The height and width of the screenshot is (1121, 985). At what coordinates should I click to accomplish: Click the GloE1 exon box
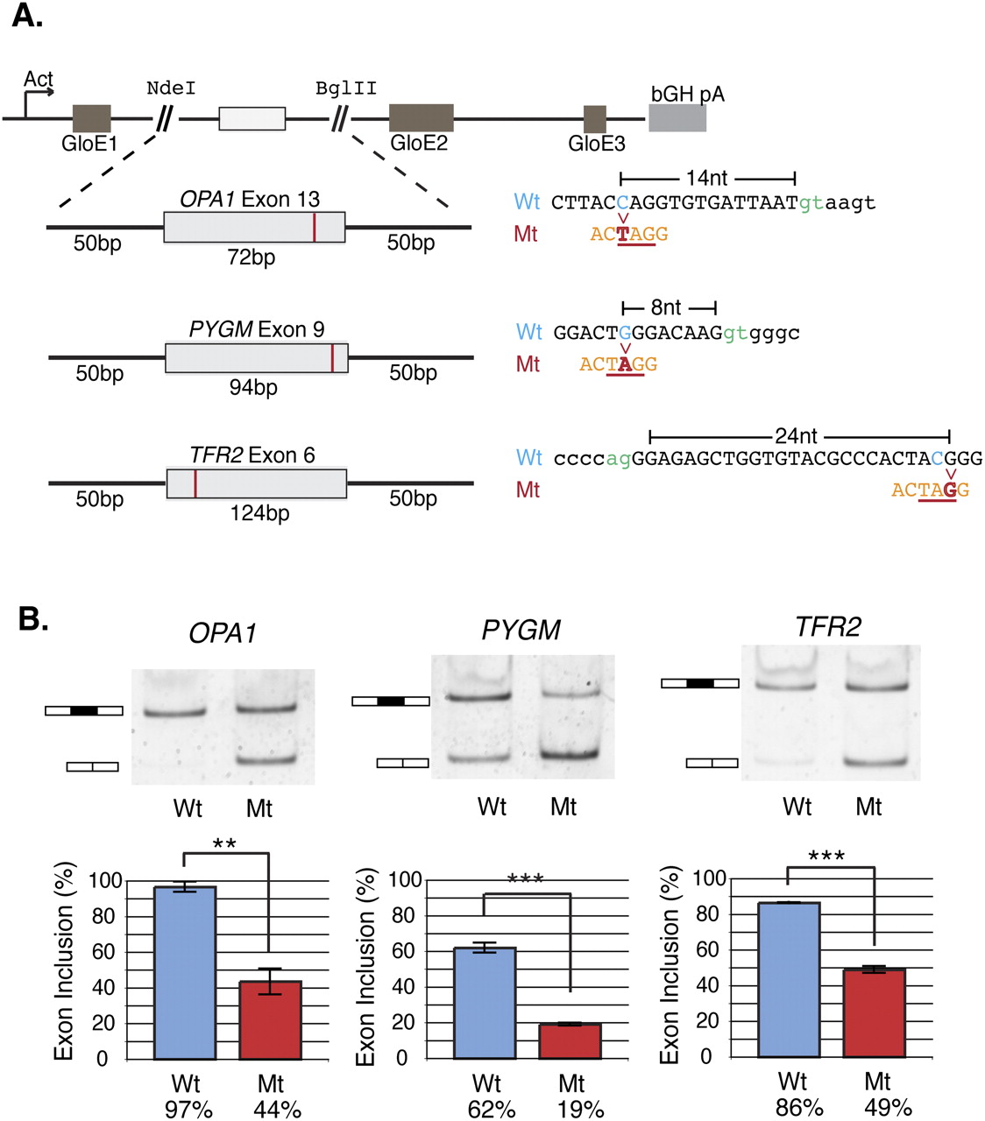[91, 118]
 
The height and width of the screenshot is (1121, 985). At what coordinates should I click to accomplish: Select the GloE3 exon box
[595, 119]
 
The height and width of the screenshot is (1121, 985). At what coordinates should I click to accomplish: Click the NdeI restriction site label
[171, 88]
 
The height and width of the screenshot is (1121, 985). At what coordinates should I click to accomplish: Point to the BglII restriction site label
[346, 88]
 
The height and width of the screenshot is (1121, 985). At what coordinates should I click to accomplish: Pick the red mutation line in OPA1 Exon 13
[314, 227]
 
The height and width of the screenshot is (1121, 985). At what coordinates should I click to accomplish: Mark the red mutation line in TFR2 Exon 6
[195, 483]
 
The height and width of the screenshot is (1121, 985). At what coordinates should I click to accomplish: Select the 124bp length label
[259, 513]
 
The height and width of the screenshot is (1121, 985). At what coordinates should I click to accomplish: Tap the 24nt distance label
[796, 435]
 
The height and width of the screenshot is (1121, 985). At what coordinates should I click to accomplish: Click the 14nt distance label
[706, 179]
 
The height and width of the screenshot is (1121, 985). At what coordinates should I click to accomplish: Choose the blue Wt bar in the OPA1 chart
[185, 972]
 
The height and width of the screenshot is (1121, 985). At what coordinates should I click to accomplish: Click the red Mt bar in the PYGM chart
[570, 1040]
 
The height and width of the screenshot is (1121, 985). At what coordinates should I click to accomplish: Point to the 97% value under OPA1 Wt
[188, 1110]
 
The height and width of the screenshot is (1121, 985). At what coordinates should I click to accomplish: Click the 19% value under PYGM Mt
[580, 1110]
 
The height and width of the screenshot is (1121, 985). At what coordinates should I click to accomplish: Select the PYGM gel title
[521, 631]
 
